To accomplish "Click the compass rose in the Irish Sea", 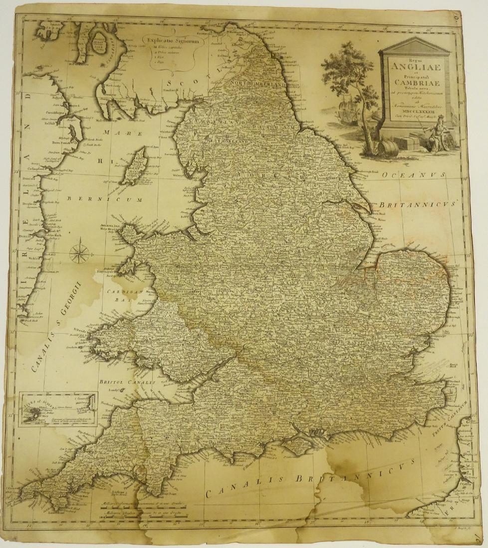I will (x=79, y=252).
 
